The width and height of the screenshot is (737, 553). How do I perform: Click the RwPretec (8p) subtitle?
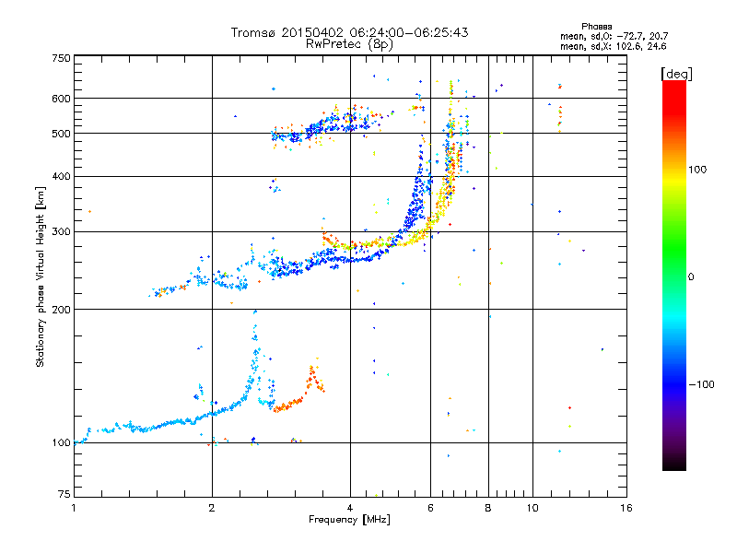(x=349, y=44)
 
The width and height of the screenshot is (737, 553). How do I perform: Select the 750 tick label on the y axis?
(x=62, y=58)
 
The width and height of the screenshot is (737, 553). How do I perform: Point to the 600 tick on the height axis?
(x=62, y=99)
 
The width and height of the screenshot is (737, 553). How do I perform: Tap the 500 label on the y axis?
(x=62, y=134)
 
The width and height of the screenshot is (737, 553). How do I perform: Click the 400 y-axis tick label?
(x=62, y=176)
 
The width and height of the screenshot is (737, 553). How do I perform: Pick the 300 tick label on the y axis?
(x=62, y=232)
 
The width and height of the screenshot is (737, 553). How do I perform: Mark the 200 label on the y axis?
(x=62, y=310)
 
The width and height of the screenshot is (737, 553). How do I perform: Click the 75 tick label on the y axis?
(x=64, y=494)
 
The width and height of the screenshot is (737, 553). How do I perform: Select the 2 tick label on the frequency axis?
(x=212, y=508)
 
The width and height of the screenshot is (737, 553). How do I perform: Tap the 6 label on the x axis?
(x=430, y=508)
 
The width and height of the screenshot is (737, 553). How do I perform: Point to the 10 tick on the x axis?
(x=532, y=508)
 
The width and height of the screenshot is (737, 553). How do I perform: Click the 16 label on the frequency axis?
(x=626, y=508)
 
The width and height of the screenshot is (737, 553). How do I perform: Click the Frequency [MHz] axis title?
(x=349, y=520)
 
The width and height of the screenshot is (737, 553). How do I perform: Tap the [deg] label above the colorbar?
(x=676, y=74)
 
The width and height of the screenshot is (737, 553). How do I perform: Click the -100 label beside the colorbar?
(x=702, y=384)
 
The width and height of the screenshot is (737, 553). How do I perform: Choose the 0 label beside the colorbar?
(x=691, y=277)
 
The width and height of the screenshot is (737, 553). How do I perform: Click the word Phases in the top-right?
(x=596, y=27)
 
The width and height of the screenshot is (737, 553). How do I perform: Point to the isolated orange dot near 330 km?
(x=89, y=212)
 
